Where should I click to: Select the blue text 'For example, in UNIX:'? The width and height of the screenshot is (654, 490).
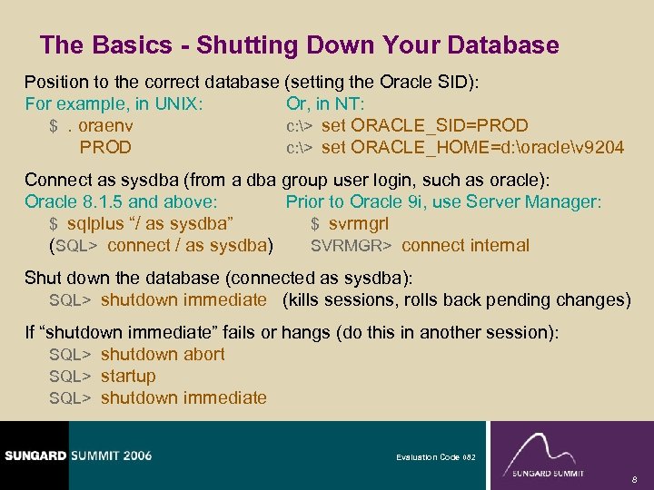(x=114, y=103)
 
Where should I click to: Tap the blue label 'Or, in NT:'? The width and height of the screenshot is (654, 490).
(x=325, y=103)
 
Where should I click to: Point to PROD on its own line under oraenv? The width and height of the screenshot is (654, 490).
(x=105, y=147)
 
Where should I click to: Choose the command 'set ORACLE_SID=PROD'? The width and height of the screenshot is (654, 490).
(x=424, y=125)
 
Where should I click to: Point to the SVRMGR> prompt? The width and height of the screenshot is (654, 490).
(x=351, y=246)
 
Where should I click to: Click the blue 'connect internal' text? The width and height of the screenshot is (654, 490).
(x=465, y=246)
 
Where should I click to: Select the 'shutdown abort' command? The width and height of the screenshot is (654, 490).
(x=163, y=354)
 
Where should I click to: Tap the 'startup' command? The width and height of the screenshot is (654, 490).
(x=128, y=376)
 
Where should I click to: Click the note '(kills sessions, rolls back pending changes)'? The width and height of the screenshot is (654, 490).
(x=456, y=299)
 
